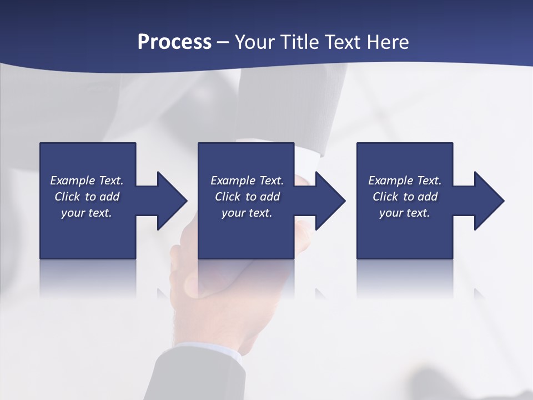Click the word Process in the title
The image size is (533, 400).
174,42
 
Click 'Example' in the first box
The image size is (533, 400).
72,181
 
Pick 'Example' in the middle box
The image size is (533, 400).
233,181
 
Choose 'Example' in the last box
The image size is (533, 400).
390,181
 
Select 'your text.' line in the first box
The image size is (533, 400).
87,213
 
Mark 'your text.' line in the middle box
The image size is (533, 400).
247,213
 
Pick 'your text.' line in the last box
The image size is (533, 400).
405,213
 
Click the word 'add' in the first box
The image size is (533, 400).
109,197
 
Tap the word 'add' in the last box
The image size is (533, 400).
428,197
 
